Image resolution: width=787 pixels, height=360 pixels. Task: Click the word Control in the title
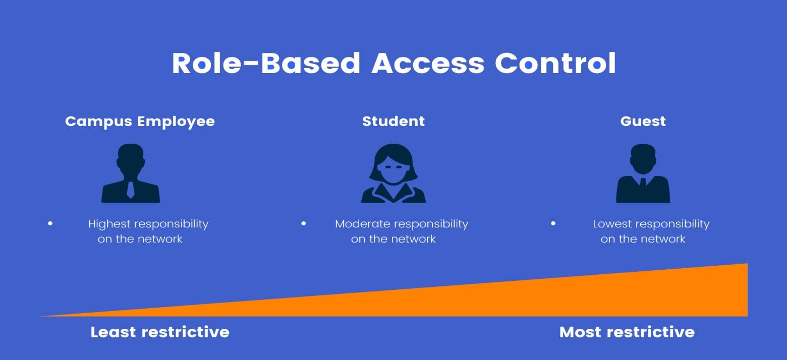pyautogui.click(x=555, y=63)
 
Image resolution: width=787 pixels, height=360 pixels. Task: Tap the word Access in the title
pyautogui.click(x=428, y=63)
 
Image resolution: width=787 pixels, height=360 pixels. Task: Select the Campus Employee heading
pyautogui.click(x=140, y=122)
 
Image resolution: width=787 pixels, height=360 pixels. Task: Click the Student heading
pyautogui.click(x=393, y=122)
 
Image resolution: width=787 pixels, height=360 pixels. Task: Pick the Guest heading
pyautogui.click(x=643, y=122)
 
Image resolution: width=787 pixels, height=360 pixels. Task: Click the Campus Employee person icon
pyautogui.click(x=131, y=173)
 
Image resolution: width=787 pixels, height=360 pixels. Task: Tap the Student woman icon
pyautogui.click(x=393, y=173)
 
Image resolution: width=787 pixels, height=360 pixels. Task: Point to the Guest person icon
pyautogui.click(x=643, y=173)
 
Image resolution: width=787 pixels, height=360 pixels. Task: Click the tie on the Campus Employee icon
pyautogui.click(x=131, y=190)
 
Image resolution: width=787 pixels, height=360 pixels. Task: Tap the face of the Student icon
pyautogui.click(x=393, y=170)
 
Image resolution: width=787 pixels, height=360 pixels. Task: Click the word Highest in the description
pyautogui.click(x=109, y=224)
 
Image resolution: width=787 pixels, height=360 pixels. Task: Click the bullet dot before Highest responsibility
pyautogui.click(x=50, y=223)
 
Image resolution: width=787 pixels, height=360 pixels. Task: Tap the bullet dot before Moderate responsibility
pyautogui.click(x=304, y=223)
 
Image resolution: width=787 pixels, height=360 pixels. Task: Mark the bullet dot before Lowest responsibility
pyautogui.click(x=553, y=223)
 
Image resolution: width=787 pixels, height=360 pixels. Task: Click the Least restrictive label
pyautogui.click(x=160, y=332)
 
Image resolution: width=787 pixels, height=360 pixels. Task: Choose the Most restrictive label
pyautogui.click(x=627, y=332)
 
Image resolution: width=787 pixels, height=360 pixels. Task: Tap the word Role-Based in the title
pyautogui.click(x=266, y=63)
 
